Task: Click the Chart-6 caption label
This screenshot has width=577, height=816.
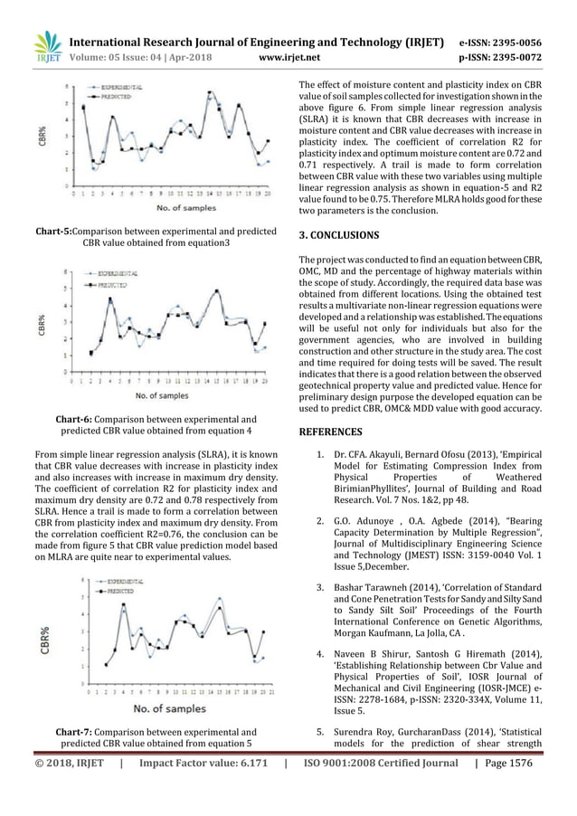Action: point(80,419)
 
